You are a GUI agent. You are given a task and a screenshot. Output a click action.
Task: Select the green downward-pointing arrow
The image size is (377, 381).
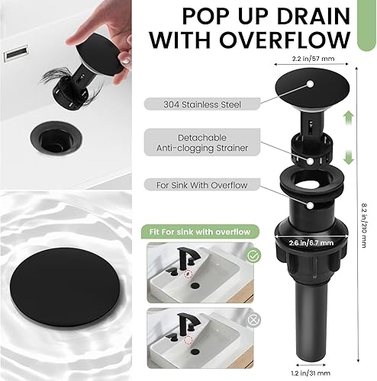(x=347, y=157)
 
